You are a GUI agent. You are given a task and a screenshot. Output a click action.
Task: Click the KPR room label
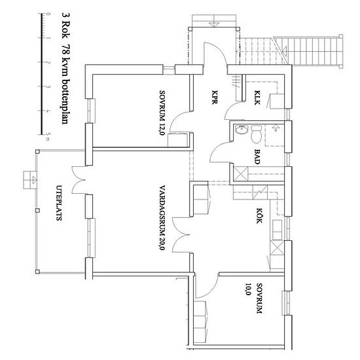click(x=215, y=97)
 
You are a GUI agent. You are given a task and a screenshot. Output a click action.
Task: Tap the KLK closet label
click(x=257, y=98)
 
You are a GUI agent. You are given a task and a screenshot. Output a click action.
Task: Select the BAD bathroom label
click(x=257, y=157)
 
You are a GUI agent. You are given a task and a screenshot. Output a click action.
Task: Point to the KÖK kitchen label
click(x=259, y=216)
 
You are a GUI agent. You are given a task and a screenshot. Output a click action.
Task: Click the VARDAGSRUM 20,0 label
click(x=162, y=218)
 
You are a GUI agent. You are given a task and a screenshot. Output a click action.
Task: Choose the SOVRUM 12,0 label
click(x=162, y=113)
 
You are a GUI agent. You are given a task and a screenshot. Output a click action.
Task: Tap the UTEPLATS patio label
click(x=59, y=203)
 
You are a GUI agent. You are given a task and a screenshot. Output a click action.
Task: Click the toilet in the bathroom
click(x=256, y=134)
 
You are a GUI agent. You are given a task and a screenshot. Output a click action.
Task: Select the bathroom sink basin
click(x=242, y=130)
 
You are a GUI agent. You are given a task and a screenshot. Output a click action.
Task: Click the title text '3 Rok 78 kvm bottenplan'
click(x=66, y=68)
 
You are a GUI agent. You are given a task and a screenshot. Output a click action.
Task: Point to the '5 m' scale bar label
click(x=48, y=137)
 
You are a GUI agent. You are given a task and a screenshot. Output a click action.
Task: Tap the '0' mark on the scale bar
click(x=48, y=14)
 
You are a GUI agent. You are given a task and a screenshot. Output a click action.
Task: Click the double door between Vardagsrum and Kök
click(x=181, y=235)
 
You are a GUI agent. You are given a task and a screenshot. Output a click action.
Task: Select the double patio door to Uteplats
click(x=79, y=180)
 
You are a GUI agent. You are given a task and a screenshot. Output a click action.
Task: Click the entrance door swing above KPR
click(x=215, y=53)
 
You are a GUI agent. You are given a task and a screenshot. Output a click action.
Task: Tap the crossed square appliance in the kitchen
click(x=277, y=247)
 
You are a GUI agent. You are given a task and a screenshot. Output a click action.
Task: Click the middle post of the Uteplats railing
click(x=37, y=211)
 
